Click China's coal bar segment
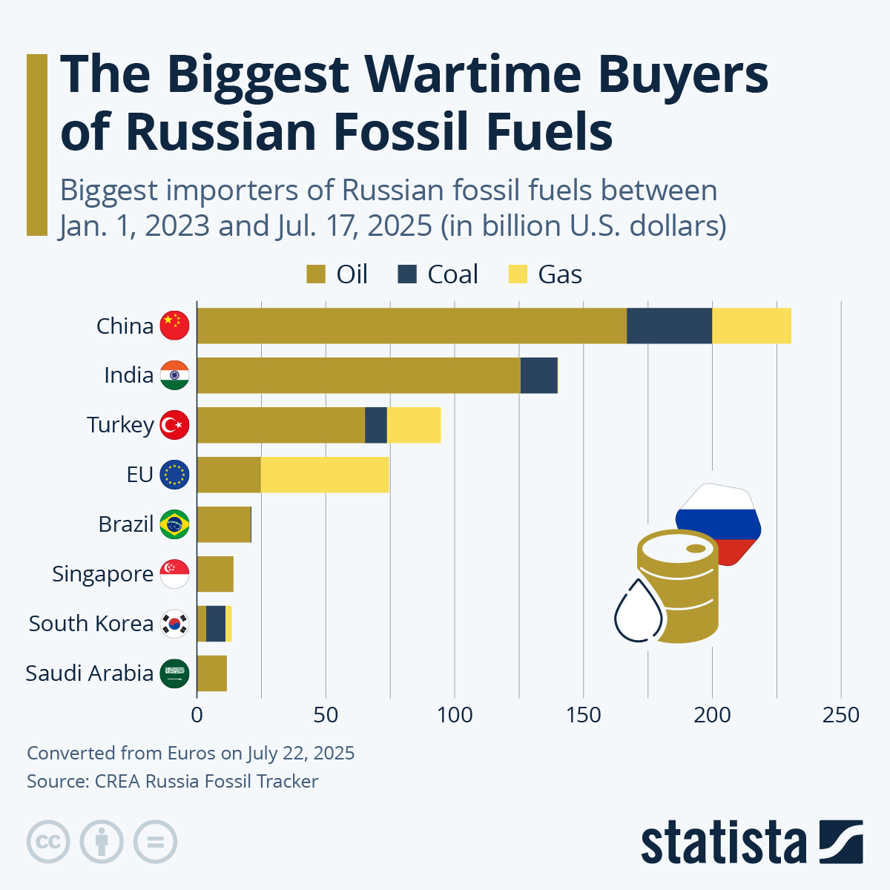pyautogui.click(x=669, y=326)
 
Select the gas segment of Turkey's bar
pyautogui.click(x=414, y=425)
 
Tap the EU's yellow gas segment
pyautogui.click(x=325, y=475)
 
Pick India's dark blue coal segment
pyautogui.click(x=538, y=375)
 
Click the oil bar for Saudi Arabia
pyautogui.click(x=212, y=673)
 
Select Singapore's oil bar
pyautogui.click(x=215, y=574)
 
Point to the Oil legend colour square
pyautogui.click(x=316, y=274)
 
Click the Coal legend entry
pyautogui.click(x=438, y=274)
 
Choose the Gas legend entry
pyautogui.click(x=545, y=274)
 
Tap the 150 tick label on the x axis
pyautogui.click(x=583, y=715)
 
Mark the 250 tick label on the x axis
pyautogui.click(x=841, y=715)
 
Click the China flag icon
pyautogui.click(x=175, y=326)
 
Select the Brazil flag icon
pyautogui.click(x=175, y=524)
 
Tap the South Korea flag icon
pyautogui.click(x=175, y=624)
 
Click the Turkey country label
pyautogui.click(x=120, y=425)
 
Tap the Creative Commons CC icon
pyautogui.click(x=48, y=842)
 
